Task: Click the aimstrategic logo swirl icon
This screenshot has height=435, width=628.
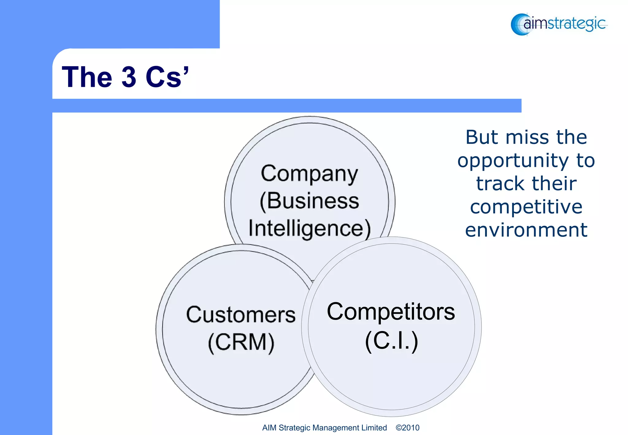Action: (519, 25)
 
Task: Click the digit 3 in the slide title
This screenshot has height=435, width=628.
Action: (129, 77)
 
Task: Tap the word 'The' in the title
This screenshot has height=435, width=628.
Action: (87, 77)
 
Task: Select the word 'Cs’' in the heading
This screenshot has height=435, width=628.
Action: (167, 77)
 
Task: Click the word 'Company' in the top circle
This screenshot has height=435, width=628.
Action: (309, 174)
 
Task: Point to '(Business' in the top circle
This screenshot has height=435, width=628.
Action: (309, 201)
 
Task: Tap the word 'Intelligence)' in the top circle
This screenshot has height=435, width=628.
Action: (309, 229)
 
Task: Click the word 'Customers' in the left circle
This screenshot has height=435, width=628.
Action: (241, 315)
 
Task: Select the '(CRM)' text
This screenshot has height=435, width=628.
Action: (241, 342)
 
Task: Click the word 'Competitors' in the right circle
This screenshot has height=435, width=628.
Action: (391, 312)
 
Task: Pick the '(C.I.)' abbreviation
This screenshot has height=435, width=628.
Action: (391, 341)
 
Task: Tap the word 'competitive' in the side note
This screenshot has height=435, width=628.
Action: (526, 207)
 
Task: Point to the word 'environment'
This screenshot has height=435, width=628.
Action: (526, 230)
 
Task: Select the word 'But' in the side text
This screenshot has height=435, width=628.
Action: (482, 137)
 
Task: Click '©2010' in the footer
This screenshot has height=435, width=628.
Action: (408, 428)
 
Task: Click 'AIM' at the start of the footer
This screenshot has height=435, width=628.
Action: (269, 428)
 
